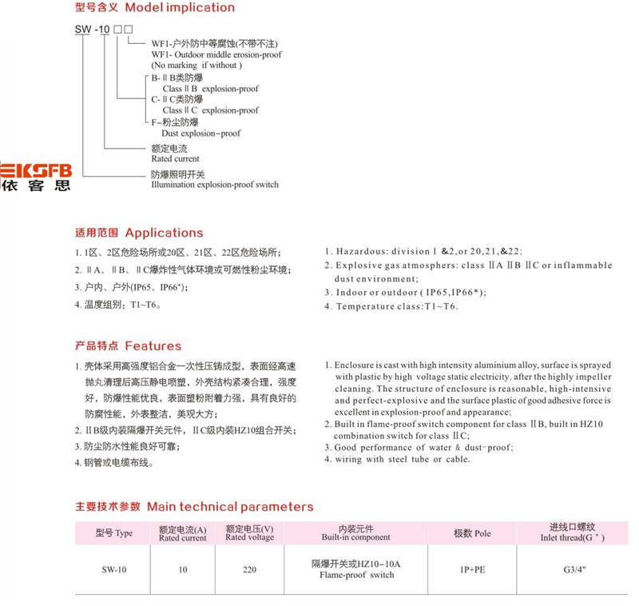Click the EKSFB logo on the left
(36, 176)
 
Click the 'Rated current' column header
(182, 538)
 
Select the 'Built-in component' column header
(355, 538)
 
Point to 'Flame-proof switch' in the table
(356, 576)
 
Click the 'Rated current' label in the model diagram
(175, 159)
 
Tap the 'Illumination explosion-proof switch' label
(215, 185)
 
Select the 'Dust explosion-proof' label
(196, 134)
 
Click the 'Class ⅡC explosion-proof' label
(210, 110)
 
